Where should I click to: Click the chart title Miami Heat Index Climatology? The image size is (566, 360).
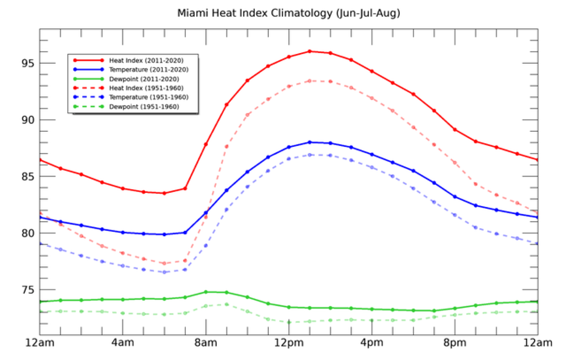coord(288,13)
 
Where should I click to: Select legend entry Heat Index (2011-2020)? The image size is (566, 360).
coord(146,60)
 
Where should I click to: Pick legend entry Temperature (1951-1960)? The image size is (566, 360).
coord(149,97)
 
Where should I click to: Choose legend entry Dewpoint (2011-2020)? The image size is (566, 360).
coord(144,79)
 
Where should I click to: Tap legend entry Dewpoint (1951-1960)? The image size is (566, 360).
coord(144,107)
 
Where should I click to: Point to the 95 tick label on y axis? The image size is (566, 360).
coord(28,63)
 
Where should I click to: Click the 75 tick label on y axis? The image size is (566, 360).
coord(28,290)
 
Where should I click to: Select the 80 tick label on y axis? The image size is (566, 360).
coord(28,233)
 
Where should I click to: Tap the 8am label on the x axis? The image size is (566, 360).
coord(206,343)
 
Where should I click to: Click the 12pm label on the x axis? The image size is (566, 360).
coord(289,343)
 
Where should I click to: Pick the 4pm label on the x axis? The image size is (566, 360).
coord(372,343)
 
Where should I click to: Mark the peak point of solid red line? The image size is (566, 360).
coord(310,51)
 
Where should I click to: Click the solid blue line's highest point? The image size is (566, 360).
coord(310,142)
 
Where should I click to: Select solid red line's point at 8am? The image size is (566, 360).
coord(206,144)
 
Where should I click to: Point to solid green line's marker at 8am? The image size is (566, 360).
coord(206,292)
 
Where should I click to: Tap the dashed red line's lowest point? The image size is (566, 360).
coord(164,263)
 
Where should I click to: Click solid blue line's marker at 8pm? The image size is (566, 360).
coord(455,197)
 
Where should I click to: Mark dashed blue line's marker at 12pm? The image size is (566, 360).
coord(289,159)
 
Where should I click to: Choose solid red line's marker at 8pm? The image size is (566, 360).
coord(455,130)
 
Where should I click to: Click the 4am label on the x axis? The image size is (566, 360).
coord(123,343)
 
